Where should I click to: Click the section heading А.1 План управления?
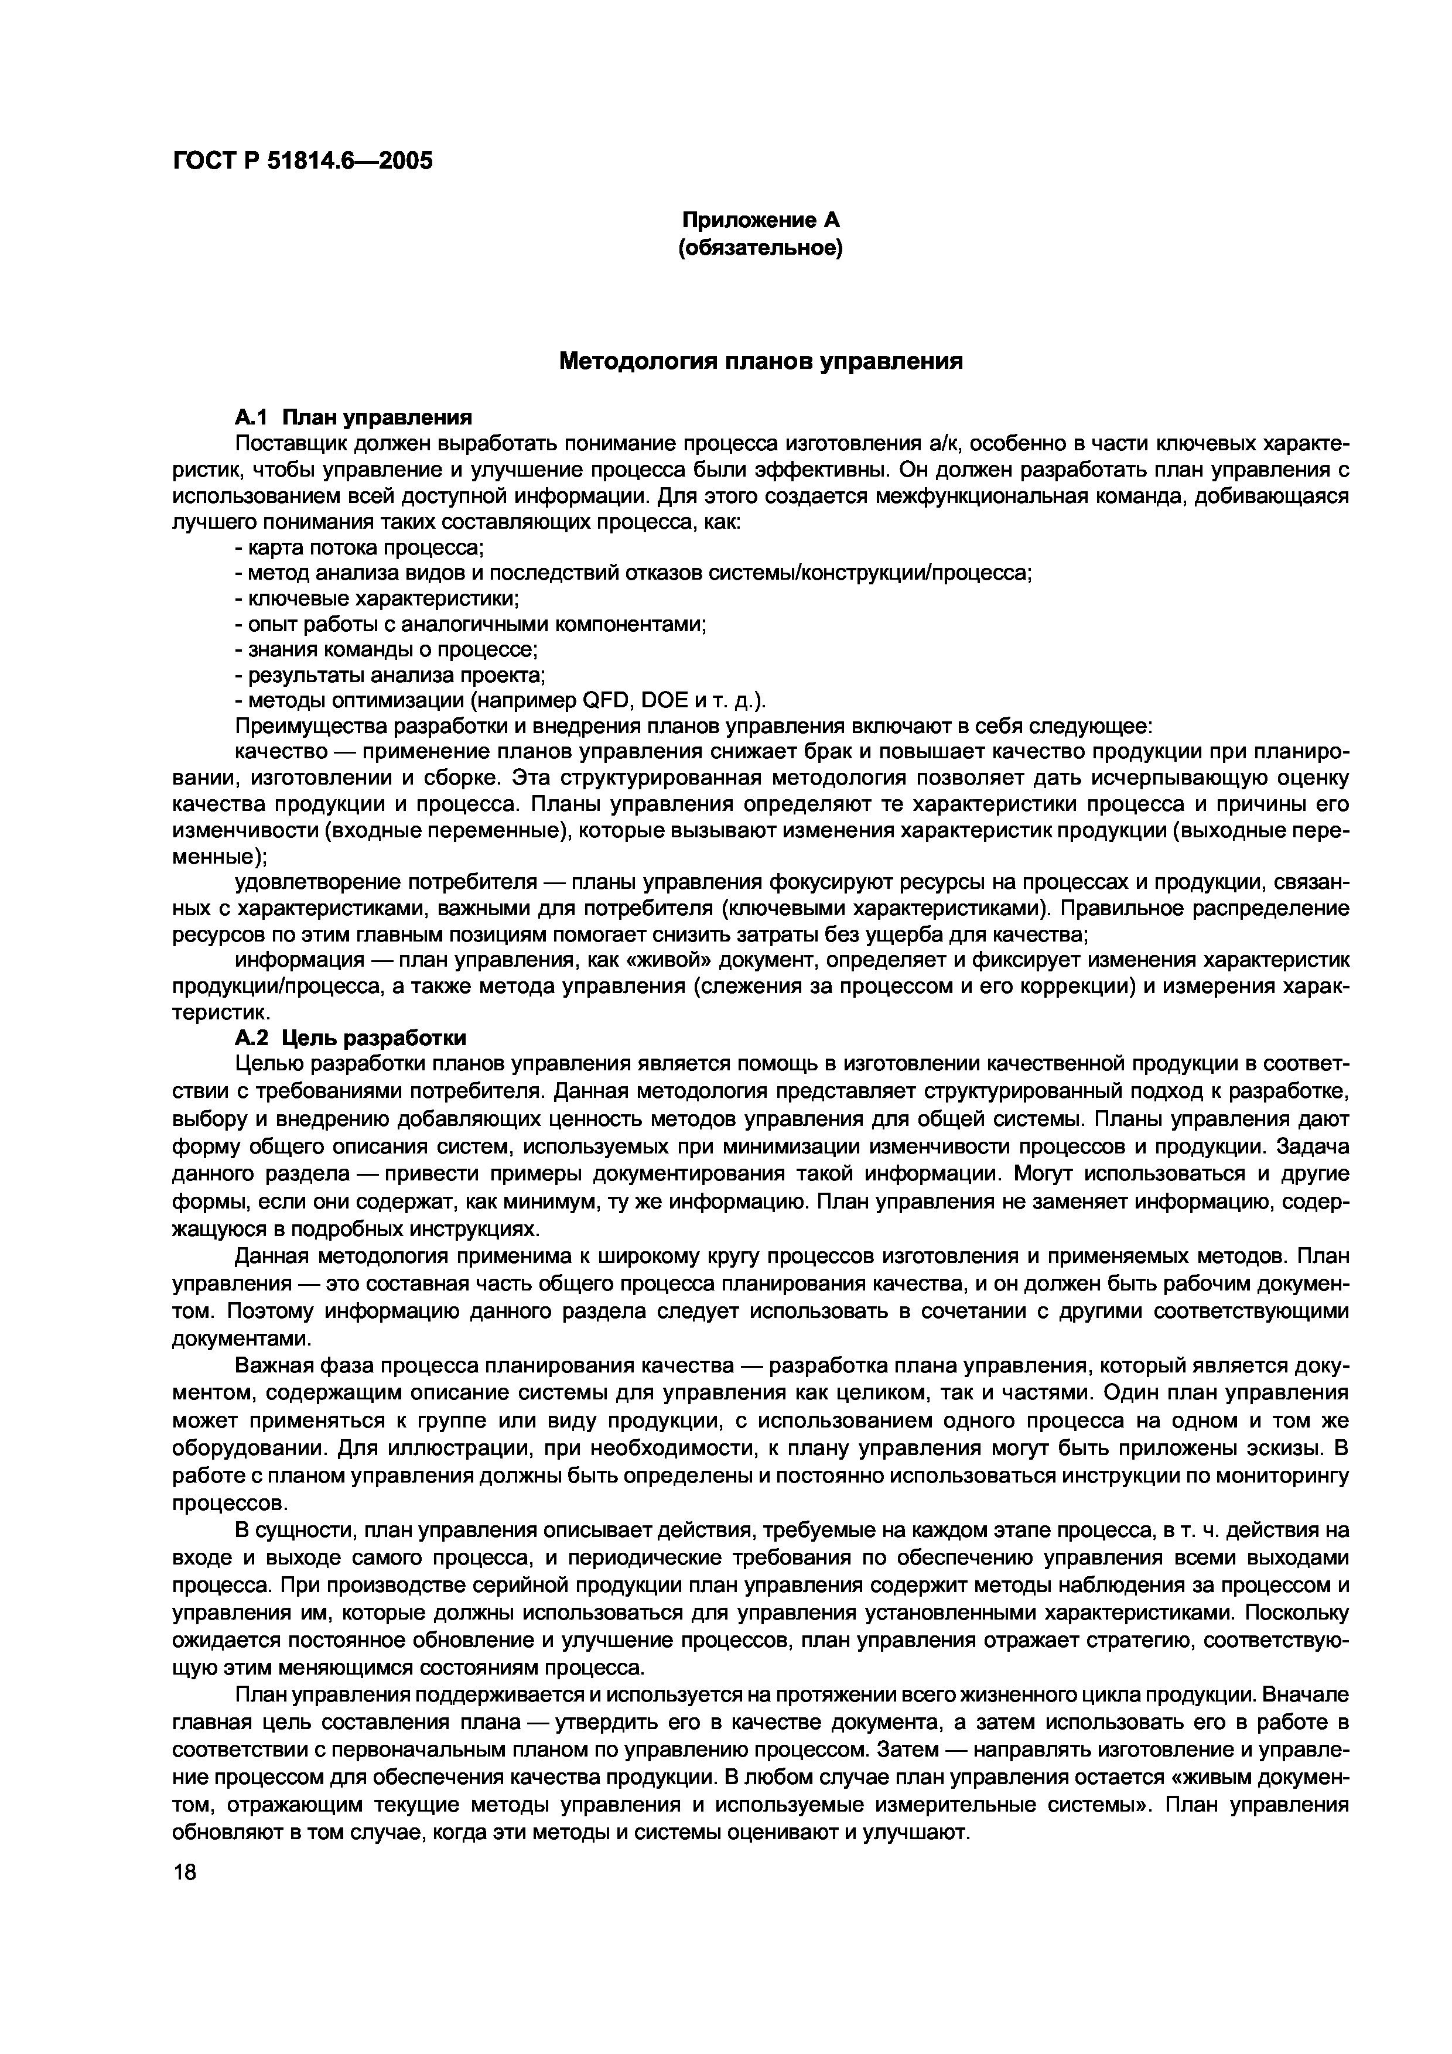[x=353, y=417]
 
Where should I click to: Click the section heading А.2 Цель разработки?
[x=351, y=1038]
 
